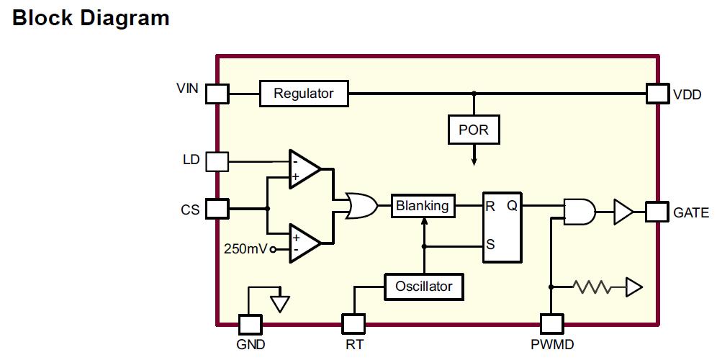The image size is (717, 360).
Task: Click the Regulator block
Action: click(303, 94)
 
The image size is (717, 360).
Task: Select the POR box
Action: click(473, 130)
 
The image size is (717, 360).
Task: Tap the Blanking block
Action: click(423, 206)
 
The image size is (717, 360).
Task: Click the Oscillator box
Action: click(424, 287)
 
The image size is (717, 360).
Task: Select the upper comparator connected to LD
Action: click(305, 169)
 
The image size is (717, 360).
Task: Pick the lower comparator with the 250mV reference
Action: click(305, 242)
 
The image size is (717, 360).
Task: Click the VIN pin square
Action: click(217, 94)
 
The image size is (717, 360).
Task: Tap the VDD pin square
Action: click(657, 94)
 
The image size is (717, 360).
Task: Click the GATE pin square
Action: click(657, 212)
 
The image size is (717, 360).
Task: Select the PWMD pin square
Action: click(551, 324)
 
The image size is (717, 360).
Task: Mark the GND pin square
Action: click(250, 324)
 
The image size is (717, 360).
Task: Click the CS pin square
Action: click(217, 209)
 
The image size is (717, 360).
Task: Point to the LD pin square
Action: click(217, 161)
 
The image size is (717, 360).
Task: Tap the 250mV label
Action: click(245, 249)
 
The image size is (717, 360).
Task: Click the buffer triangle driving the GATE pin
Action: click(623, 212)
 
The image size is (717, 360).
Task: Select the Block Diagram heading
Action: click(91, 18)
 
